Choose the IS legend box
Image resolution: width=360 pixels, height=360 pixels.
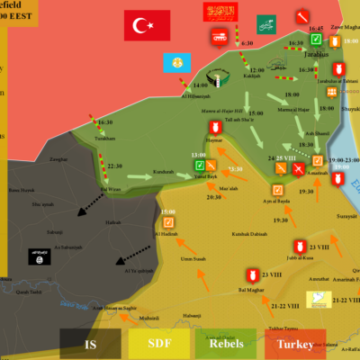pos(91,344)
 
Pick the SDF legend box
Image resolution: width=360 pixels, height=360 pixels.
pos(157,344)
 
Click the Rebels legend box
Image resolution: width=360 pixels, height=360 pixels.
pos(224,344)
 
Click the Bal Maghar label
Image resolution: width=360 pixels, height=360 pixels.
pos(248,292)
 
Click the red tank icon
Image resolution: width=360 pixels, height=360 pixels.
pos(219,37)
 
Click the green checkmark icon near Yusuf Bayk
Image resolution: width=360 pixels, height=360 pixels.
pos(199,165)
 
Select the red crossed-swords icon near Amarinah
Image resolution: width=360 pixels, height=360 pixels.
pos(299,168)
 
